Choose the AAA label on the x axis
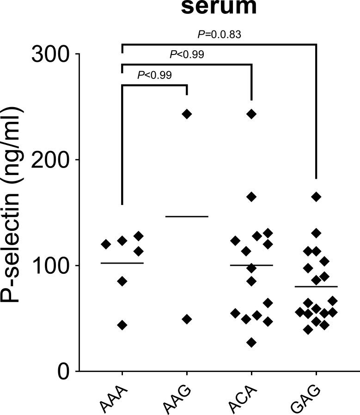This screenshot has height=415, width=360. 114,395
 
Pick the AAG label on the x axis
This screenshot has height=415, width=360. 179,395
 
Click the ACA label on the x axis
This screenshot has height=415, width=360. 244,395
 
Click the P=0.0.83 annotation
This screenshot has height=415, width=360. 219,34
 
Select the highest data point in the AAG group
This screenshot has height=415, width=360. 187,114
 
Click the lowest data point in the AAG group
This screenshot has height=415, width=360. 187,319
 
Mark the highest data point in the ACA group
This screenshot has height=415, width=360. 251,114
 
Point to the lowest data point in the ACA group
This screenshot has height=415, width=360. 251,343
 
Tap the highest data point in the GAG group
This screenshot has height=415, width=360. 316,197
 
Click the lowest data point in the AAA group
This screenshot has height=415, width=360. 122,325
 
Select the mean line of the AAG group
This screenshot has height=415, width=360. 187,216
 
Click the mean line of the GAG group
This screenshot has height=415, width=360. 316,287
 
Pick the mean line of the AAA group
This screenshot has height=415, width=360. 122,263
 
